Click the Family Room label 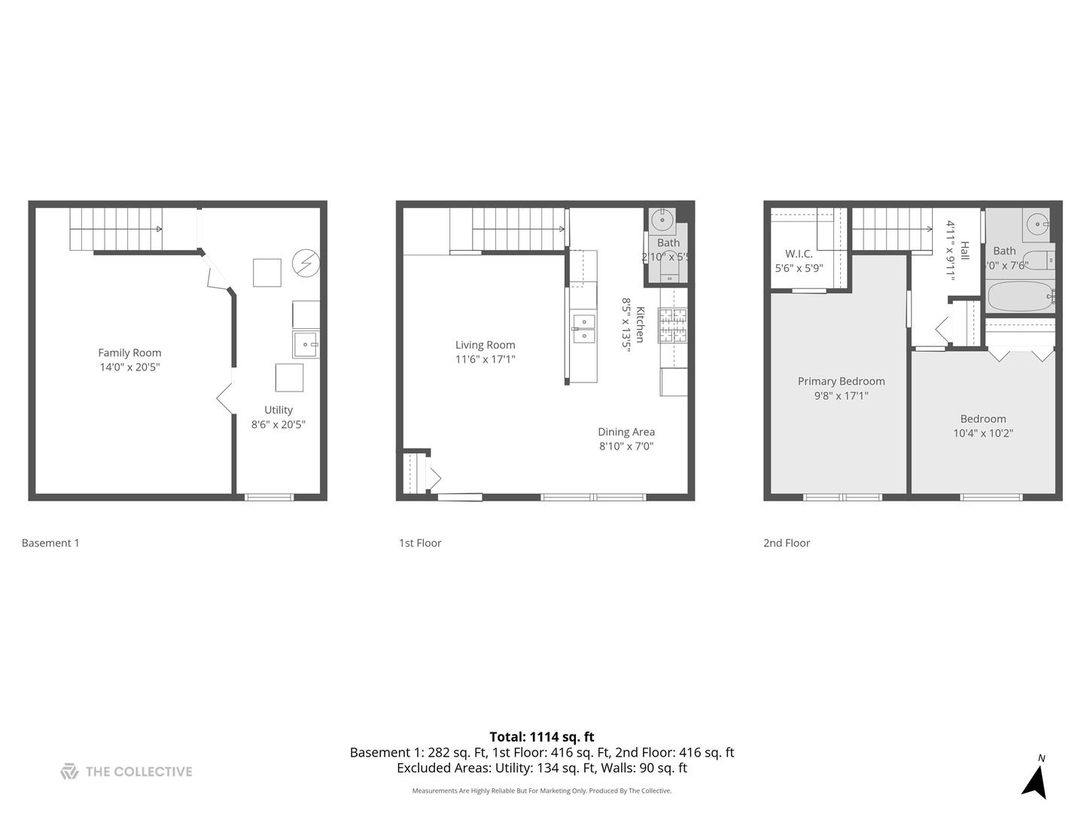[x=129, y=352]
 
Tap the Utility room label [x=278, y=410]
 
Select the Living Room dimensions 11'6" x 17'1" [x=485, y=360]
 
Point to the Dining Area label [x=626, y=432]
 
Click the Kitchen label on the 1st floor [x=640, y=324]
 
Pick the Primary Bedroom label [x=841, y=382]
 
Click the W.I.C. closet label [x=799, y=254]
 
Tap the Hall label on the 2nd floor [x=964, y=250]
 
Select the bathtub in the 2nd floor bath [x=1019, y=297]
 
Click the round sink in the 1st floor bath [x=662, y=221]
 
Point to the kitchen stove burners [x=673, y=325]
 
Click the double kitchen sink [x=583, y=329]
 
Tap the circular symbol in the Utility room [x=306, y=263]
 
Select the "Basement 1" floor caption [x=50, y=543]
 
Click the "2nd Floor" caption [x=787, y=543]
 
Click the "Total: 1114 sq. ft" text [x=542, y=737]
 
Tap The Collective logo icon [x=69, y=772]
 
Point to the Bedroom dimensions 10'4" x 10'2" [x=982, y=434]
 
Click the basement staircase [x=116, y=229]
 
